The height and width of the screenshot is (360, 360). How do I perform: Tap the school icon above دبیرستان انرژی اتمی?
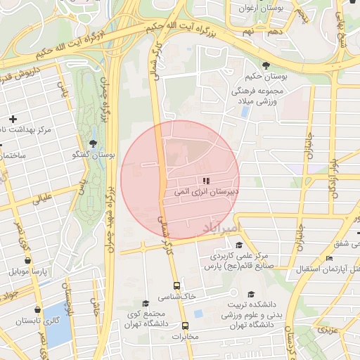coord(206,181)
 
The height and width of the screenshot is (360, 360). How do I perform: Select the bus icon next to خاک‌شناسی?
coord(176,286)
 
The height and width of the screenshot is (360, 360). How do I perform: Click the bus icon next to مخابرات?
coord(186,326)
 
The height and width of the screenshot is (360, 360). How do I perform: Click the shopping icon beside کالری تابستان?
coord(37,309)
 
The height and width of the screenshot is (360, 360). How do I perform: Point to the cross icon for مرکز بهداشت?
coord(13,120)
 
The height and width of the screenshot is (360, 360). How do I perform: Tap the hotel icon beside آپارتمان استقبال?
coord(329,259)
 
